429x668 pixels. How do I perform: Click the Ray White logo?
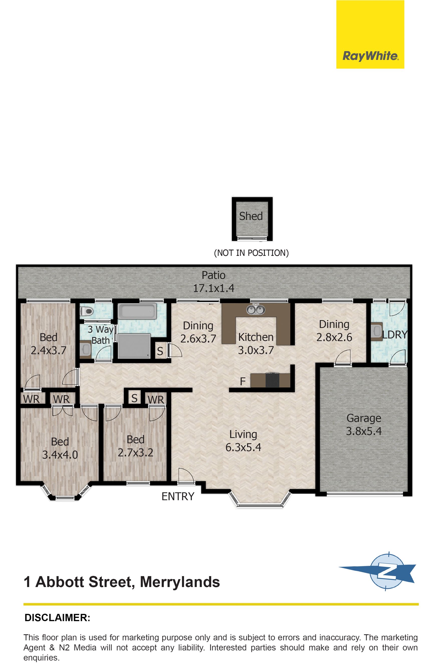tap(370, 35)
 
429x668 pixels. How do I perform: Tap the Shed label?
tap(251, 216)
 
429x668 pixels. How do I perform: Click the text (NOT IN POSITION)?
tap(251, 253)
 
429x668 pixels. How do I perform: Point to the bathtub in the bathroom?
tap(137, 311)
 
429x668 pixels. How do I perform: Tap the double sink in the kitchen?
tap(255, 309)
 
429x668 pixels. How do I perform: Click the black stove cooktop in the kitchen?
tap(272, 380)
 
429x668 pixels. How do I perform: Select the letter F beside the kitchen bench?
tap(243, 381)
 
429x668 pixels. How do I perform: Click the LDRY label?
tap(395, 335)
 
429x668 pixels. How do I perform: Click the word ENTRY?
tap(178, 496)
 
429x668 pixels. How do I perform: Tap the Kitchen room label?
tap(256, 337)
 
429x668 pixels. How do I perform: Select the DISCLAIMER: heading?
tap(57, 618)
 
